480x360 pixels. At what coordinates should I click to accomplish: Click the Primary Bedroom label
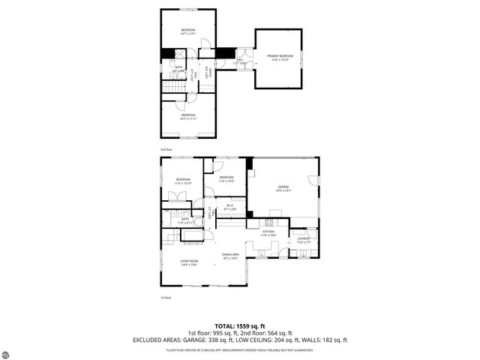tap(280, 58)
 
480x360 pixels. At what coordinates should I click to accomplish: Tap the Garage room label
tap(283, 188)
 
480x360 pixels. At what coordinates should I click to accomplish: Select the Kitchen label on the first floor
tap(268, 233)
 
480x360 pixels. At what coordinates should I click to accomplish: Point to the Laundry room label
tap(303, 241)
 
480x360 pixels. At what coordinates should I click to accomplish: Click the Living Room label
tap(188, 262)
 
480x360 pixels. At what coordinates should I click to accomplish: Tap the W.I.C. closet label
tap(231, 207)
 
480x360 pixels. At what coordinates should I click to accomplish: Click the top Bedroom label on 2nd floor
tap(187, 31)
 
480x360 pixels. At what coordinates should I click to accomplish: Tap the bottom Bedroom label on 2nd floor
tap(187, 116)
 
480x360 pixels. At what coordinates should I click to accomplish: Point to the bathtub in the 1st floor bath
tap(193, 239)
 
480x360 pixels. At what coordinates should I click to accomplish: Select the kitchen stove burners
tap(268, 222)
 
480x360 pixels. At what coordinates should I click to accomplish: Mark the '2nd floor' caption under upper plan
tap(166, 149)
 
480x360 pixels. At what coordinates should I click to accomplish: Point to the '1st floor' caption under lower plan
tap(166, 298)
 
